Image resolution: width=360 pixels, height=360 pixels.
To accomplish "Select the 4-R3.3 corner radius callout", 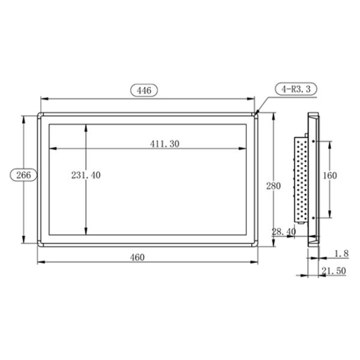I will coord(295,89).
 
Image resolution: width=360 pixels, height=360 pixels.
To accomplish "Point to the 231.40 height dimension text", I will coord(86,175).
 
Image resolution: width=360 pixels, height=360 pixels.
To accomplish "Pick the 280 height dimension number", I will coord(273,186).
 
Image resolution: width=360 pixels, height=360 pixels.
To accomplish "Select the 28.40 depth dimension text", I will coord(283,231).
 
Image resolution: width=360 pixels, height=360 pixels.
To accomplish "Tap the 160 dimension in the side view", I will coord(329,175).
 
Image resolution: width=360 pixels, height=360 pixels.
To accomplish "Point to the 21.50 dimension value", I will coord(333,271).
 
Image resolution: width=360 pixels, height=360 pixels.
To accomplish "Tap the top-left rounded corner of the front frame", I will coord(40,115).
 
